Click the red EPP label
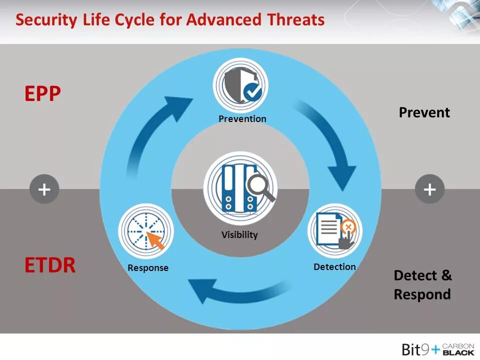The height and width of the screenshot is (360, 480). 42,93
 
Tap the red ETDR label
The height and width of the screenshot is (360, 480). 50,265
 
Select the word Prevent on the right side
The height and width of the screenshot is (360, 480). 424,112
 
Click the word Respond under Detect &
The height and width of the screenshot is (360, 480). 422,294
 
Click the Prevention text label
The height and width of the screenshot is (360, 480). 242,119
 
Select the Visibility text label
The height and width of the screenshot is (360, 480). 239,234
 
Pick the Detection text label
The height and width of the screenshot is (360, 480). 334,267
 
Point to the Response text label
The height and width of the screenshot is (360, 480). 148,268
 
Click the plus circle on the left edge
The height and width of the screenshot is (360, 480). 44,189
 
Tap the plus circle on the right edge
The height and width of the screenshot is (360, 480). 429,189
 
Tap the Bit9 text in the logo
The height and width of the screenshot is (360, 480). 415,349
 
